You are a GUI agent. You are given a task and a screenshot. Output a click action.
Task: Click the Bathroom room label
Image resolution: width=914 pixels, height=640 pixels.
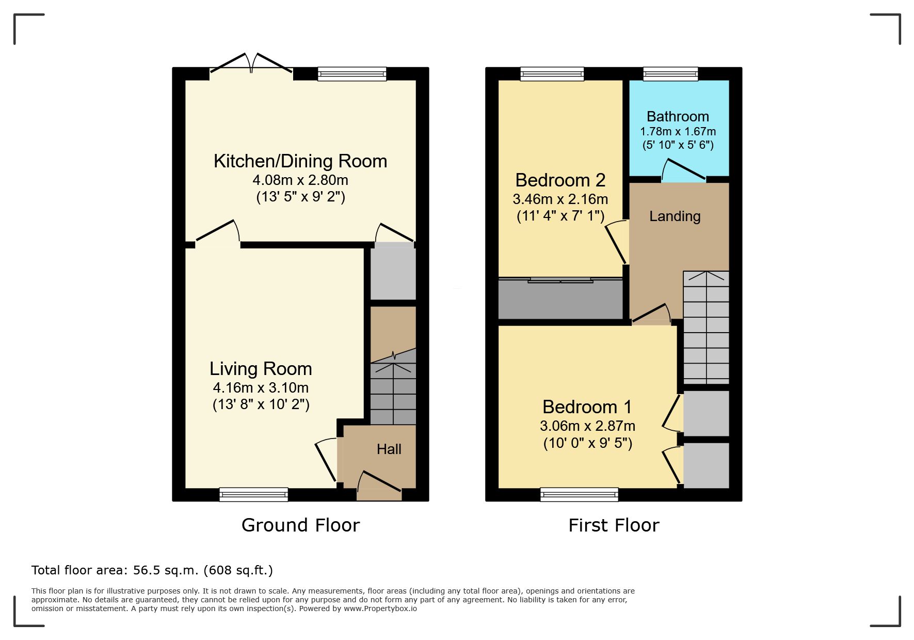pyautogui.click(x=678, y=117)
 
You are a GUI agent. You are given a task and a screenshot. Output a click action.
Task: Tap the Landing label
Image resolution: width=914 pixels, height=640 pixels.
pyautogui.click(x=675, y=216)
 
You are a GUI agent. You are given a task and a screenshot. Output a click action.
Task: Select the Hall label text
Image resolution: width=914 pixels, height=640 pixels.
pyautogui.click(x=389, y=449)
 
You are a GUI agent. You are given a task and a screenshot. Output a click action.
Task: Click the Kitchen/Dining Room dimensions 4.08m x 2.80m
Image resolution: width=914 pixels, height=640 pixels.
pyautogui.click(x=300, y=180)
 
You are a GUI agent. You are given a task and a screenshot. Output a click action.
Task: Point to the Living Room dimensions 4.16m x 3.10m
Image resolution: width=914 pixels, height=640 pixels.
pyautogui.click(x=261, y=388)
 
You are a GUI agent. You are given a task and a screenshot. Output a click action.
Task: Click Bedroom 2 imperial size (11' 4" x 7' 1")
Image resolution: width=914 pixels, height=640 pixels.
pyautogui.click(x=560, y=216)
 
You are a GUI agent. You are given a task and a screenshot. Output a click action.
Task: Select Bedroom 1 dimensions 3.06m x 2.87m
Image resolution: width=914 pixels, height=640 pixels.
pyautogui.click(x=587, y=426)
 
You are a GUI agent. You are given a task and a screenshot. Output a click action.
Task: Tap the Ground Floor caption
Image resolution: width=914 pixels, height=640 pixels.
pyautogui.click(x=300, y=525)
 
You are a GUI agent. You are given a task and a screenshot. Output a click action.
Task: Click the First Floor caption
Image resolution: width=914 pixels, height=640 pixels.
pyautogui.click(x=614, y=525)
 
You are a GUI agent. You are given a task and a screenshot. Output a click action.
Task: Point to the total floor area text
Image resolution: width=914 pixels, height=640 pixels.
pyautogui.click(x=152, y=570)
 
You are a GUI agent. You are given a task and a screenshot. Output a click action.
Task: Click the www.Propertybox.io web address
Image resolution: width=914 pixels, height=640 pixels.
pyautogui.click(x=380, y=608)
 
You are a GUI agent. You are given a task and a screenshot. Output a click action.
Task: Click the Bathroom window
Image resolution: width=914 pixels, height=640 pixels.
pyautogui.click(x=670, y=74)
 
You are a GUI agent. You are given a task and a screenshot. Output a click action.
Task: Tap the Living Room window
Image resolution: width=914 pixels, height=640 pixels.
pyautogui.click(x=253, y=494)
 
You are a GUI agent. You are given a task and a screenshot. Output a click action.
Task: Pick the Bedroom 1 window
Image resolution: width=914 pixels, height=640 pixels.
pyautogui.click(x=579, y=494)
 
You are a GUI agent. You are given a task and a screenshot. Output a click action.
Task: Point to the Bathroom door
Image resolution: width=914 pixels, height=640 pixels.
pyautogui.click(x=683, y=170)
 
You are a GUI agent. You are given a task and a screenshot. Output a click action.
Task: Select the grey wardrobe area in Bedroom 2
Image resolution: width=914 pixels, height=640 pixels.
pyautogui.click(x=560, y=300)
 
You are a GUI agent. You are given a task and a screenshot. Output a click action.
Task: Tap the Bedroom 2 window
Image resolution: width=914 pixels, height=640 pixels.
pyautogui.click(x=552, y=74)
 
